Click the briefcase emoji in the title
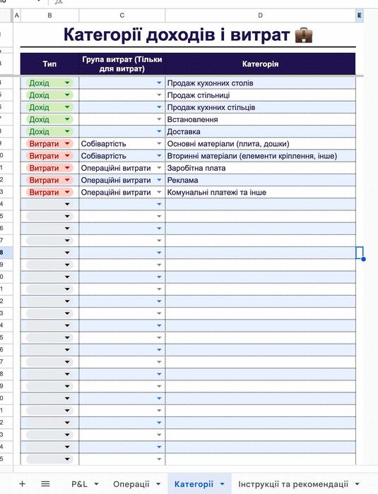pyautogui.click(x=303, y=35)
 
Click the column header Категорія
pyautogui.click(x=260, y=64)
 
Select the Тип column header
pyautogui.click(x=49, y=64)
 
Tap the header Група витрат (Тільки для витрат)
pyautogui.click(x=122, y=64)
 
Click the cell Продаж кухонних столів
pyautogui.click(x=210, y=83)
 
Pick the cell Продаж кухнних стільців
pyautogui.click(x=211, y=107)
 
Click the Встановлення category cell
pyautogui.click(x=193, y=119)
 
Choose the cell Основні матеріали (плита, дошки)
pyautogui.click(x=228, y=143)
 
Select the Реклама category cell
pyautogui.click(x=182, y=180)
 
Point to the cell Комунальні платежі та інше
pyautogui.click(x=216, y=192)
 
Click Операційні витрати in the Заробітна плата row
pyautogui.click(x=116, y=168)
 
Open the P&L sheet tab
pyautogui.click(x=79, y=484)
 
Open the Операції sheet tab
pyautogui.click(x=131, y=484)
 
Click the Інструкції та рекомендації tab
pyautogui.click(x=293, y=484)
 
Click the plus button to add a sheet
pyautogui.click(x=22, y=484)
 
